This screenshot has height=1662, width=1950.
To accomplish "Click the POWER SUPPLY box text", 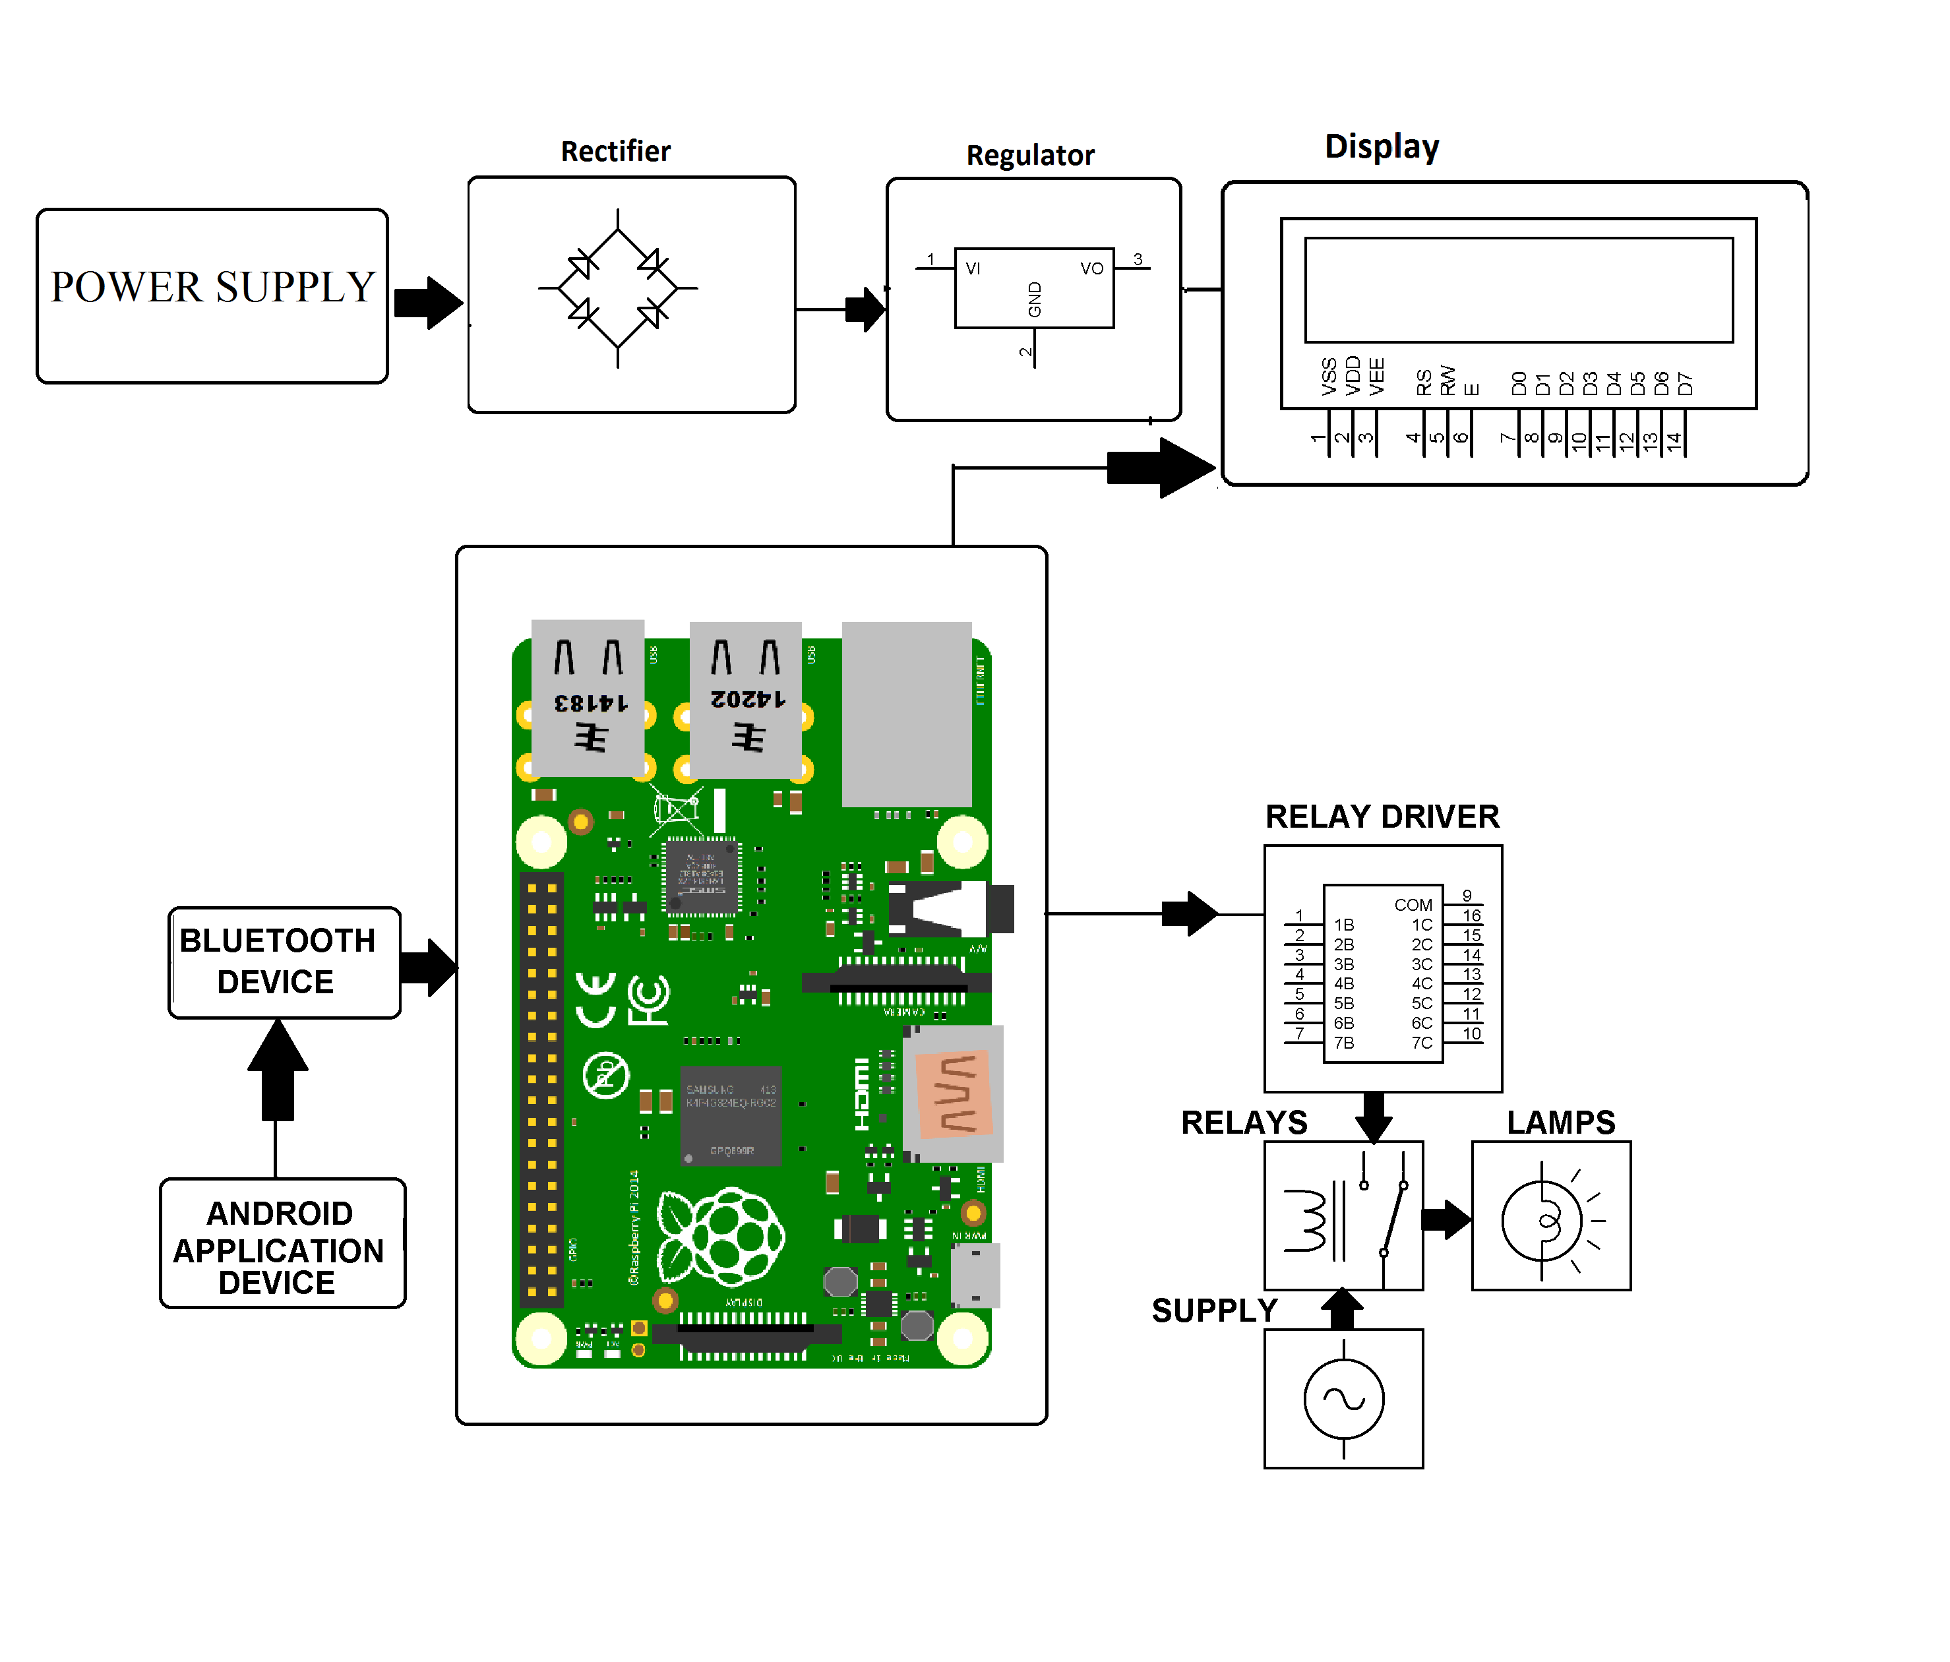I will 213,287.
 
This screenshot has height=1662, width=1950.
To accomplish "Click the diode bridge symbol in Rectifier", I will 617,288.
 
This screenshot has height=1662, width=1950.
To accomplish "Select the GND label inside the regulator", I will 1034,299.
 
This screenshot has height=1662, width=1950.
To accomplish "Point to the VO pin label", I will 1091,269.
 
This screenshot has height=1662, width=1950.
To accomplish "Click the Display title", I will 1381,147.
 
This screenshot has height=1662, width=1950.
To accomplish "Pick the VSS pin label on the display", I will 1329,377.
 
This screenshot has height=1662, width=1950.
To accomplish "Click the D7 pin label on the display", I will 1685,383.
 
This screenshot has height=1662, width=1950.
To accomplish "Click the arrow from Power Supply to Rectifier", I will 428,303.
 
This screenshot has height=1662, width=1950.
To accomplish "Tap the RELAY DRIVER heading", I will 1381,816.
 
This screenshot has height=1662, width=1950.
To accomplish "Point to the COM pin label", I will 1413,904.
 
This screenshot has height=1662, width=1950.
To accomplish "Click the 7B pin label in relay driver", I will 1343,1043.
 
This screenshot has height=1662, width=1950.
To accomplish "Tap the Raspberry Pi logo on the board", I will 720,1237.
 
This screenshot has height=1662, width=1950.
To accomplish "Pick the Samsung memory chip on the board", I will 731,1115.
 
